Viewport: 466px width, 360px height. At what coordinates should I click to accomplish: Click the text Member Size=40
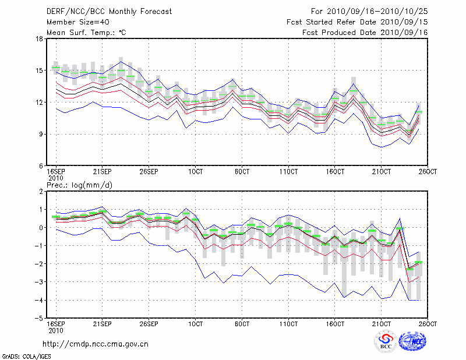coord(77,22)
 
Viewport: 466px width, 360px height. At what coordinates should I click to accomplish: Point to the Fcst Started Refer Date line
coord(356,22)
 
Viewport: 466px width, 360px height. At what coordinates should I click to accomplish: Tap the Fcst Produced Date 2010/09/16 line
coord(364,33)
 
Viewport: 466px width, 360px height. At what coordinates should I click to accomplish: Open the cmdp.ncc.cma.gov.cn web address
coord(96,344)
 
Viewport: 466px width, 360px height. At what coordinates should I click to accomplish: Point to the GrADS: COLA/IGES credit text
coord(26,355)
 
